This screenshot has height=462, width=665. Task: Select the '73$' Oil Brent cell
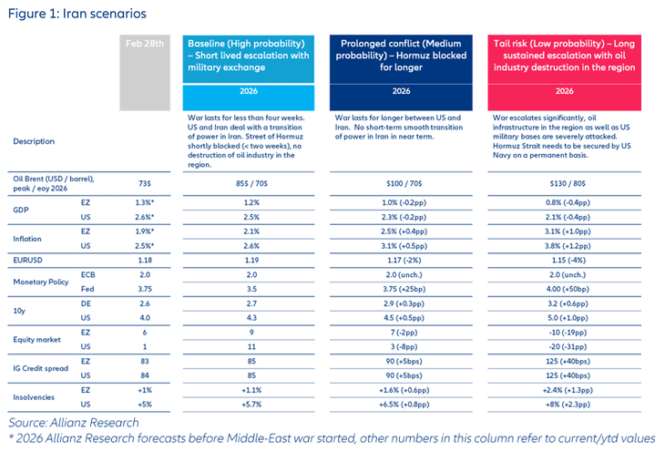click(144, 183)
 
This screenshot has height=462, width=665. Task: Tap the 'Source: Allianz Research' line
click(75, 423)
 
